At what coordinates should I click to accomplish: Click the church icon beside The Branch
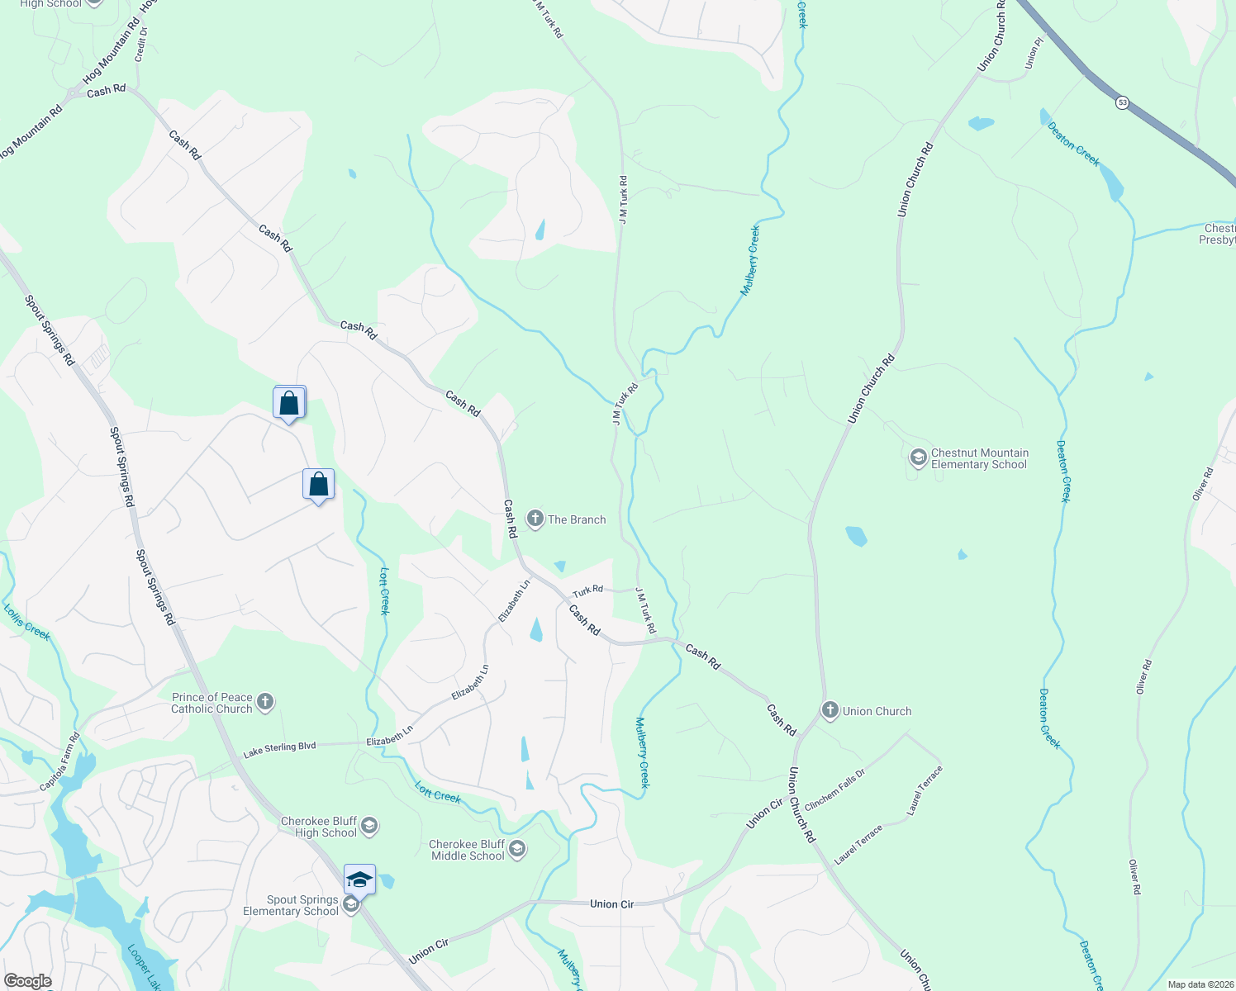point(535,519)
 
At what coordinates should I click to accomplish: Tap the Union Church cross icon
point(830,710)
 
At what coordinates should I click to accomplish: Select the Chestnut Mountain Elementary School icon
point(918,458)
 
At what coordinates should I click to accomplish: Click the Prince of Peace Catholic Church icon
point(265,703)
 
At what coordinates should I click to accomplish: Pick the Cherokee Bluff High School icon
point(369,826)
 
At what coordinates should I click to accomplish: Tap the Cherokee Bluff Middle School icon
point(517,849)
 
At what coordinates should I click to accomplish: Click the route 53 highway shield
point(1121,102)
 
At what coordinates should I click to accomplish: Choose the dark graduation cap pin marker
point(359,880)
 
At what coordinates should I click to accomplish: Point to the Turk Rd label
point(587,591)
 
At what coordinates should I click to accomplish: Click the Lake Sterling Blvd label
point(279,750)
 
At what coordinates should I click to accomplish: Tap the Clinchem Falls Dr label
point(834,789)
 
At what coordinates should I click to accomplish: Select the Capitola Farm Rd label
point(60,761)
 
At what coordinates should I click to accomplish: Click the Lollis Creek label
point(27,622)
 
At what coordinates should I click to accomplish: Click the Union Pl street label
point(1034,54)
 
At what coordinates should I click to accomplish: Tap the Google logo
point(27,981)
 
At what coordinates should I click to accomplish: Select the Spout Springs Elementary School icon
point(350,905)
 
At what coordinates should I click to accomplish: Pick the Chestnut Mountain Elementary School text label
point(979,458)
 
